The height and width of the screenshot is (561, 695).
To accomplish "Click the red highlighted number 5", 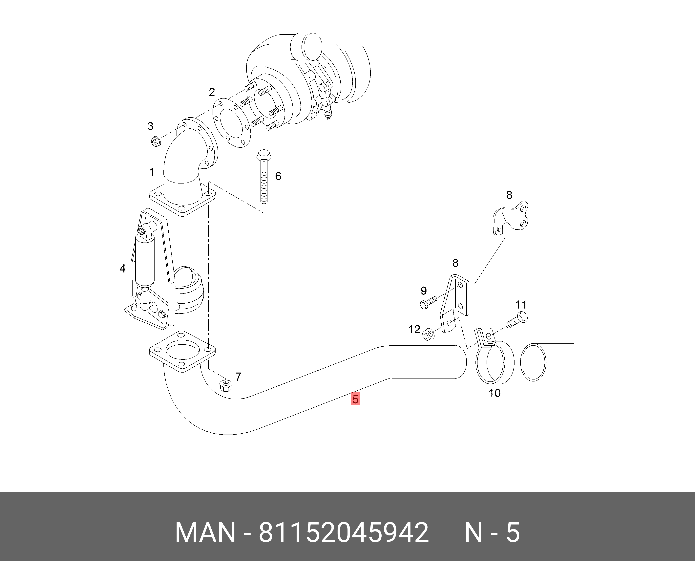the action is coord(355,399).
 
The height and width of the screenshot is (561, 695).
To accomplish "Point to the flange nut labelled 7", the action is coord(225,385).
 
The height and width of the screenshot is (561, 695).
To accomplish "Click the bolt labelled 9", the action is coord(428,302).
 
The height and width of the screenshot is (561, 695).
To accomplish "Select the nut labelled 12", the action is coord(429,334).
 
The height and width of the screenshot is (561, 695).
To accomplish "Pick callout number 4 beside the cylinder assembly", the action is coord(122,269).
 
